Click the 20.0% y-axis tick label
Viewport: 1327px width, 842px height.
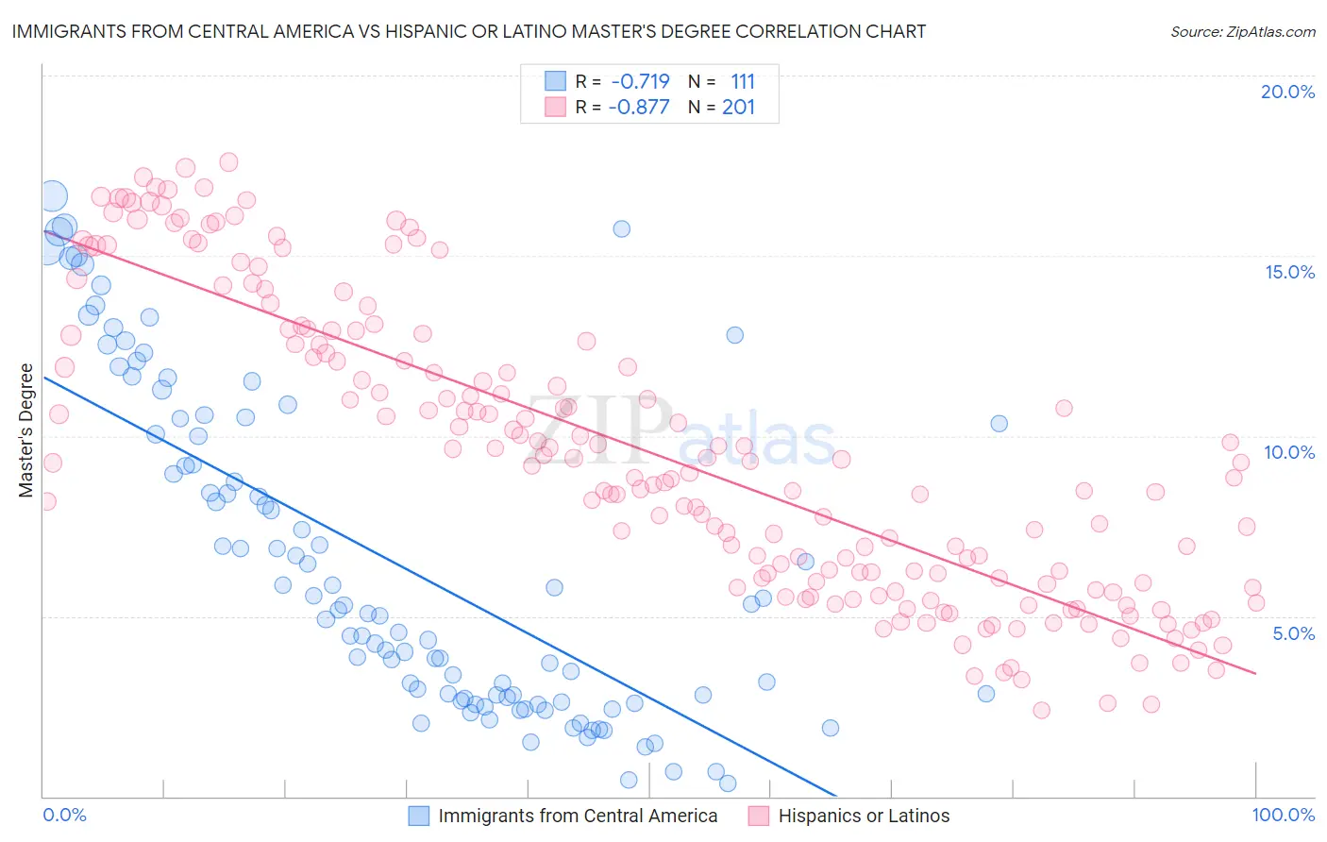(1287, 92)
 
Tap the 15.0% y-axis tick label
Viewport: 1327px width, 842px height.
(1289, 272)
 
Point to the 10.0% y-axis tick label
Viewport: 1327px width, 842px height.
(1289, 452)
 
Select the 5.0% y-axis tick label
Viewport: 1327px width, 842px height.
(1293, 633)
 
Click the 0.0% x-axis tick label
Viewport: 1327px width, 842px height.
(64, 815)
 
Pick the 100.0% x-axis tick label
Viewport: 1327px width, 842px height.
(1283, 815)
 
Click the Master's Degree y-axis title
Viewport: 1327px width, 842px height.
(25, 430)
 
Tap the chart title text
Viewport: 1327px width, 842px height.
(468, 31)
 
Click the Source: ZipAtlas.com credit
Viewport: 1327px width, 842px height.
(1242, 31)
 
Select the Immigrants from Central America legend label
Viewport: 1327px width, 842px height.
(578, 816)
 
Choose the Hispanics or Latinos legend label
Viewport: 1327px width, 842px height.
(864, 816)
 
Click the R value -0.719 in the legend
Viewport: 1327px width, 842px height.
(640, 81)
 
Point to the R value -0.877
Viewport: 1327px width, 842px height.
(638, 107)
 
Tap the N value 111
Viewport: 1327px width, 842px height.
(743, 81)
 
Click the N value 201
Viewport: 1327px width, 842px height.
(738, 107)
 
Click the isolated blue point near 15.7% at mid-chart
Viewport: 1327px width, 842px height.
(621, 228)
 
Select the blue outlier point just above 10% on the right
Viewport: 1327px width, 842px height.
(999, 423)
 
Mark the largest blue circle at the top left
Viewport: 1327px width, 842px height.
(53, 196)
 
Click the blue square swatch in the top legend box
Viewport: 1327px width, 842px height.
(555, 81)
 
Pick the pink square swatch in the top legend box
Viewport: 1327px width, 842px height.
(555, 107)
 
